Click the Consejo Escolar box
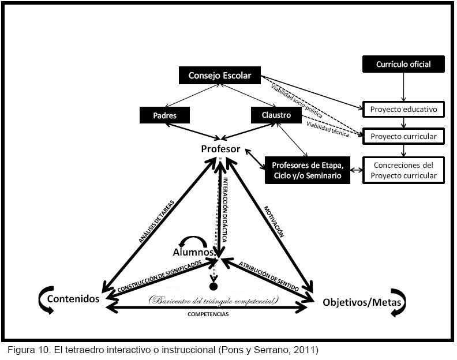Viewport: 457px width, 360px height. [219, 75]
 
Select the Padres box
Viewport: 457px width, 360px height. [166, 115]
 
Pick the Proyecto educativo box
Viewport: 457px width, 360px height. [404, 108]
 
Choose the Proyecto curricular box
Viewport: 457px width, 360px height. [404, 137]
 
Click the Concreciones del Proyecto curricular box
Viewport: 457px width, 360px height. [404, 170]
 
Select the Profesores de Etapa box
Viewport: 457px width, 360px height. [308, 170]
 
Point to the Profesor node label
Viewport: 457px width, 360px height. [220, 149]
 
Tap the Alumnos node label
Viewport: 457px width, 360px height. [194, 252]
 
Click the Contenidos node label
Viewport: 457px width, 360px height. [73, 299]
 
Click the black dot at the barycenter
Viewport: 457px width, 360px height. [214, 286]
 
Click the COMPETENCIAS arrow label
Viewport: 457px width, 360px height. [208, 314]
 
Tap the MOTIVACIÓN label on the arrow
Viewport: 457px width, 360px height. [274, 222]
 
